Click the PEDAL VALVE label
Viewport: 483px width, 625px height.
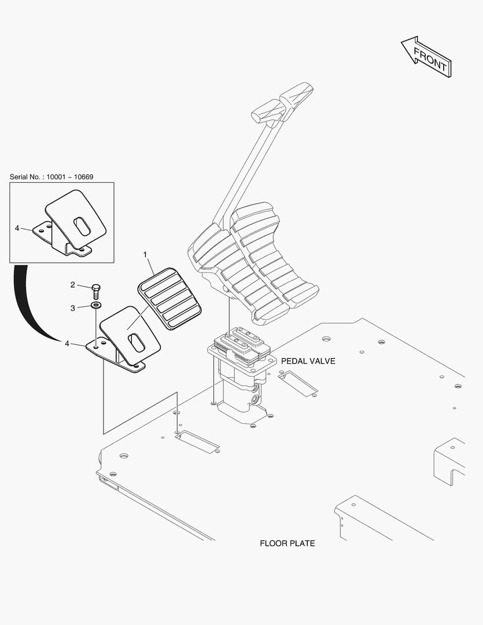pyautogui.click(x=308, y=361)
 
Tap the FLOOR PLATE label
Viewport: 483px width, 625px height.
pyautogui.click(x=287, y=543)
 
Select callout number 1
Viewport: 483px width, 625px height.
pyautogui.click(x=145, y=254)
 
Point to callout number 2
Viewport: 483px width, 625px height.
pyautogui.click(x=73, y=284)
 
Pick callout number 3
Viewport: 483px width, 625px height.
pyautogui.click(x=73, y=308)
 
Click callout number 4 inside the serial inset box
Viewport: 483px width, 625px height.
pyautogui.click(x=17, y=228)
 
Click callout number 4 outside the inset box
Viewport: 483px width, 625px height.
pyautogui.click(x=67, y=343)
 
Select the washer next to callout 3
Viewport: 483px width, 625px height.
pyautogui.click(x=95, y=304)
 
